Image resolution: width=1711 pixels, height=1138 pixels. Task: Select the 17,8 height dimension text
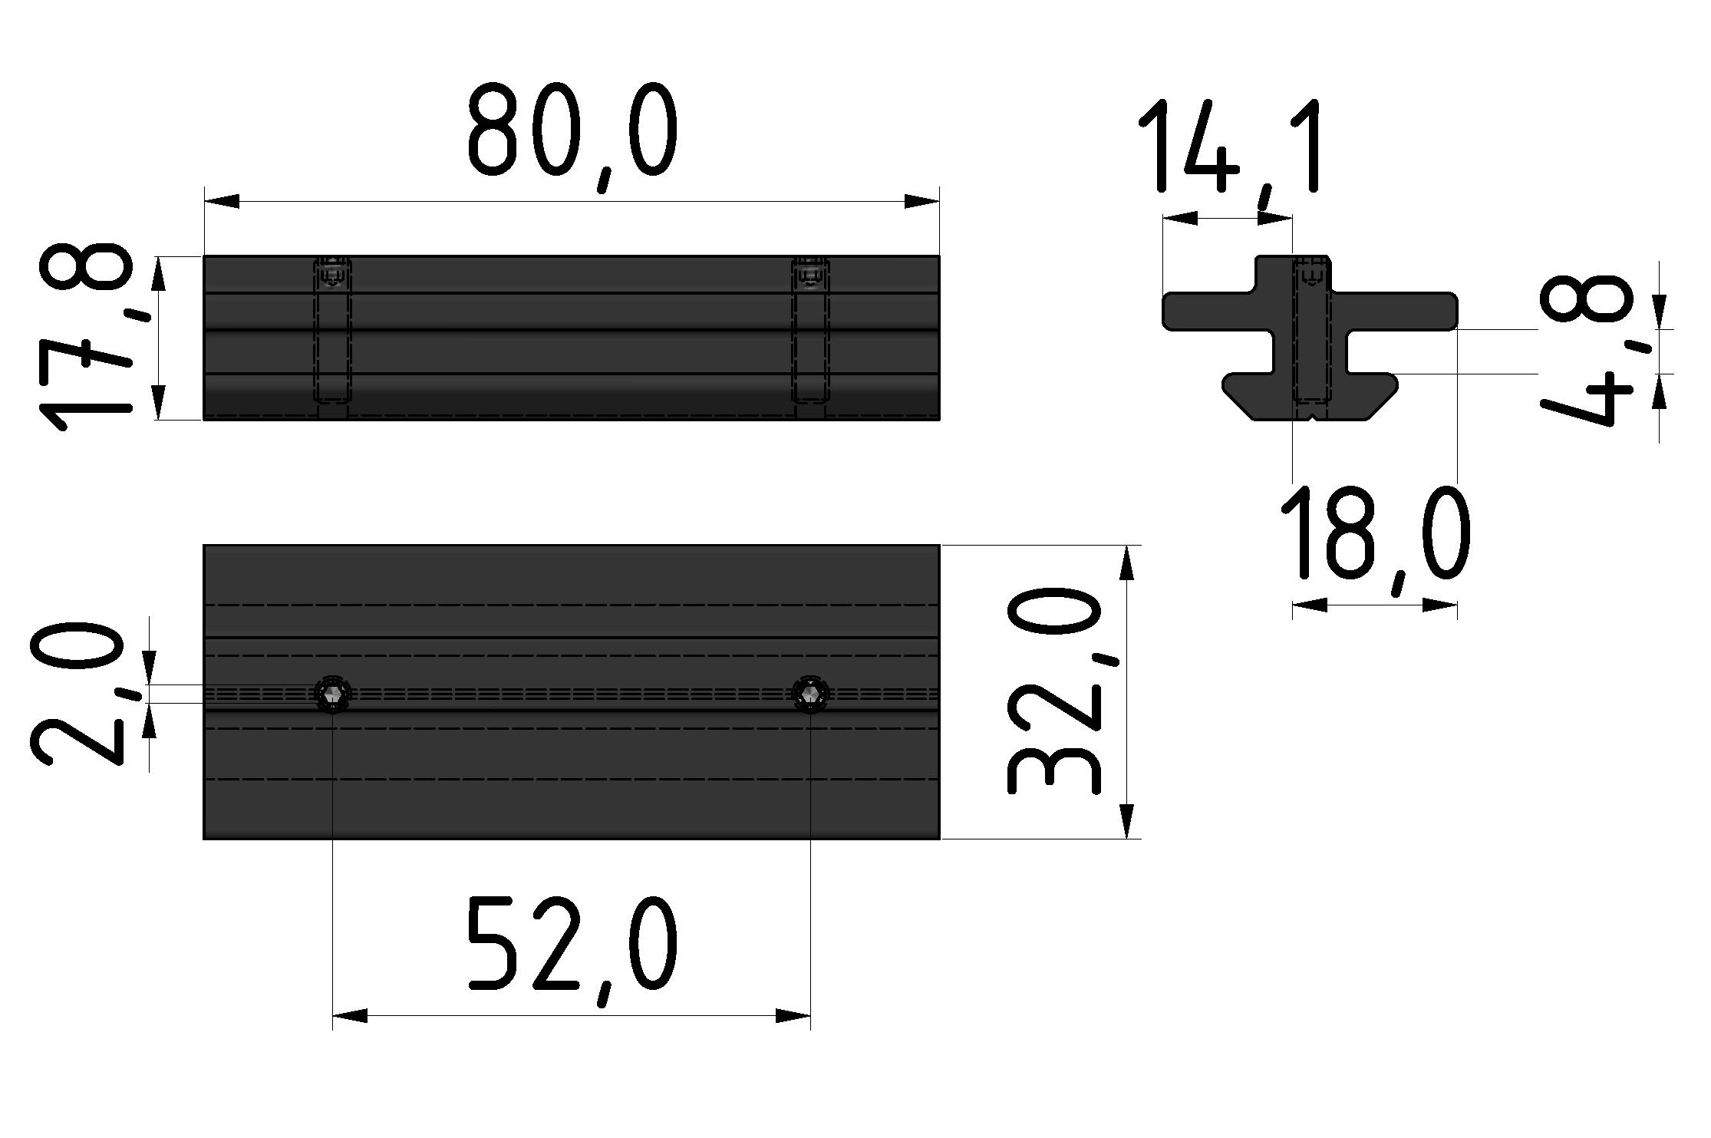(85, 338)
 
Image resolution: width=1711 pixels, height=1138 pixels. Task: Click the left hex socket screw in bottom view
(333, 694)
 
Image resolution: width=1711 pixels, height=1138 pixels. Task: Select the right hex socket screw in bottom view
(810, 694)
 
